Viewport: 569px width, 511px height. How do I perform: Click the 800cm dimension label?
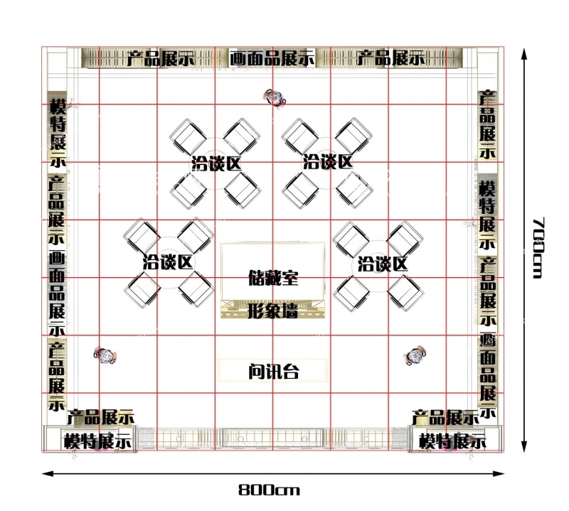(x=270, y=490)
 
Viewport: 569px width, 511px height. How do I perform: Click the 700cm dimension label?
(x=538, y=248)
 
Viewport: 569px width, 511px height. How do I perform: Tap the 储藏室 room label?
(x=273, y=277)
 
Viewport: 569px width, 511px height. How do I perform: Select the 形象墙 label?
(x=273, y=311)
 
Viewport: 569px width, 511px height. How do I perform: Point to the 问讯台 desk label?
(x=274, y=371)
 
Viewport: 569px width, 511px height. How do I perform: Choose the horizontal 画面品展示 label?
(x=272, y=58)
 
